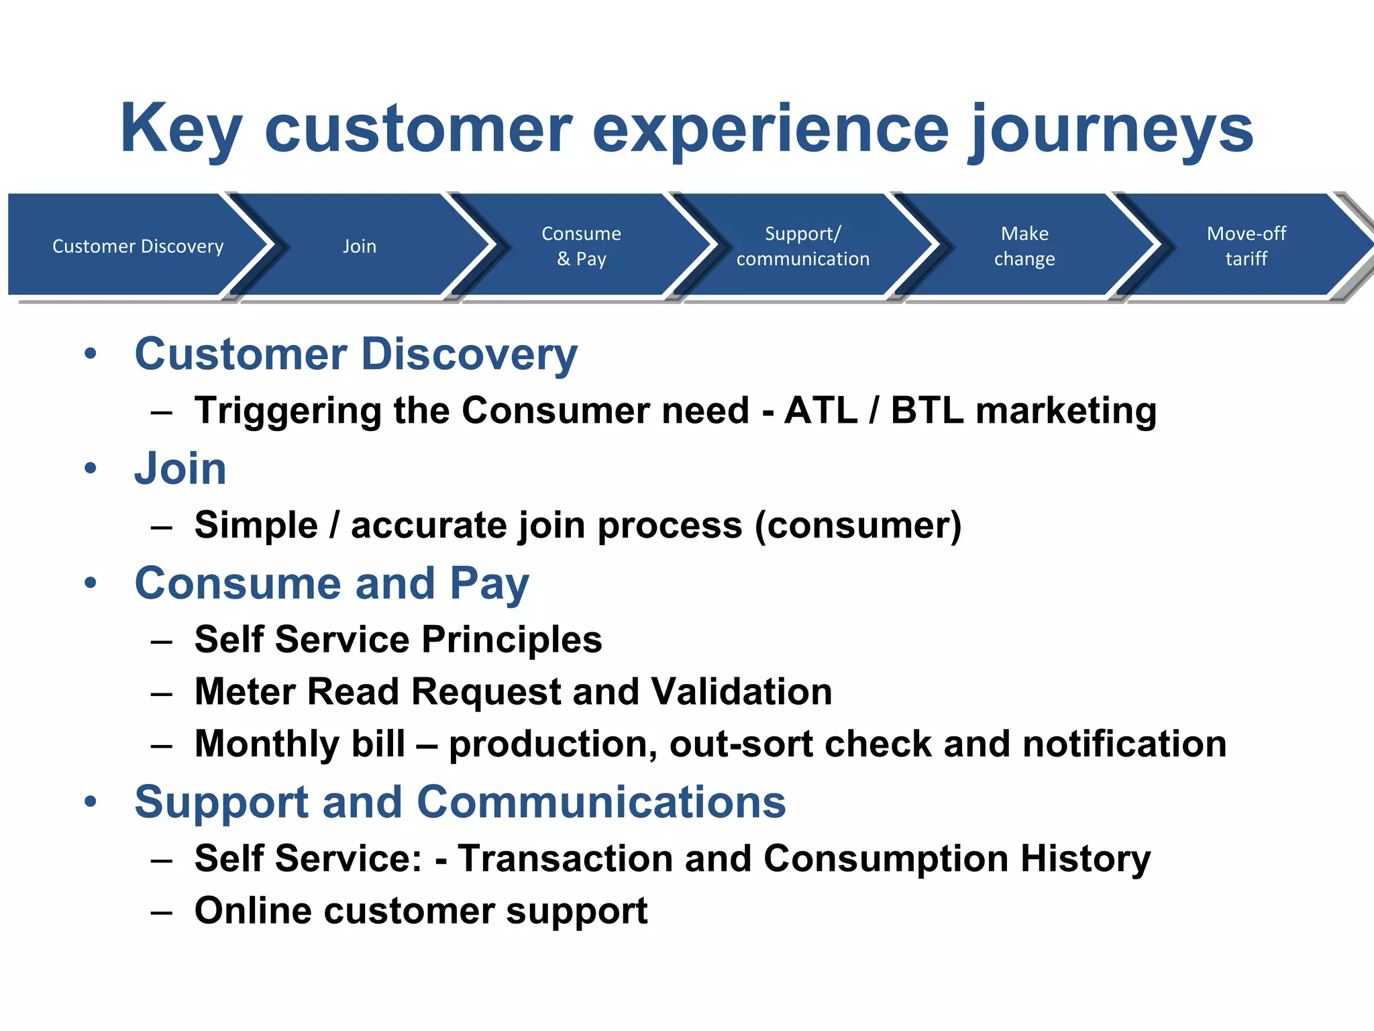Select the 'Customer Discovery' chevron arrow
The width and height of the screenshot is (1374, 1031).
click(138, 246)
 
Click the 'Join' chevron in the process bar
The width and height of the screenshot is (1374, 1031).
click(360, 246)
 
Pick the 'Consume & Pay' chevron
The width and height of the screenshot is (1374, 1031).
click(581, 246)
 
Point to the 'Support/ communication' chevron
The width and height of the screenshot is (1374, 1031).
click(802, 246)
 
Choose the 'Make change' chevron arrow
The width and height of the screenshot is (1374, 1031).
click(1024, 246)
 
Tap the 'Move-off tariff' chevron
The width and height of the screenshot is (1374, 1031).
click(1246, 246)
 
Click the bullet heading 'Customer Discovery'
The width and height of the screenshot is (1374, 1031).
click(356, 354)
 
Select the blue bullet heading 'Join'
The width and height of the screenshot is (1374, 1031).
click(180, 468)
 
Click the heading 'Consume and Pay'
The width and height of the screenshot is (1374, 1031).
click(331, 583)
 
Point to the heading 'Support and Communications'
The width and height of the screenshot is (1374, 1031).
click(460, 801)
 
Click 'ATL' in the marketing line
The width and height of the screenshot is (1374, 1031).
click(821, 410)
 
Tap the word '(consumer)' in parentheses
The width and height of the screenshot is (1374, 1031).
click(858, 525)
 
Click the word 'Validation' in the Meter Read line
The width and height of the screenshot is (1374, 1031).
click(741, 691)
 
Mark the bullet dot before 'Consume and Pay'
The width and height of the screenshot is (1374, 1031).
click(91, 583)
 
